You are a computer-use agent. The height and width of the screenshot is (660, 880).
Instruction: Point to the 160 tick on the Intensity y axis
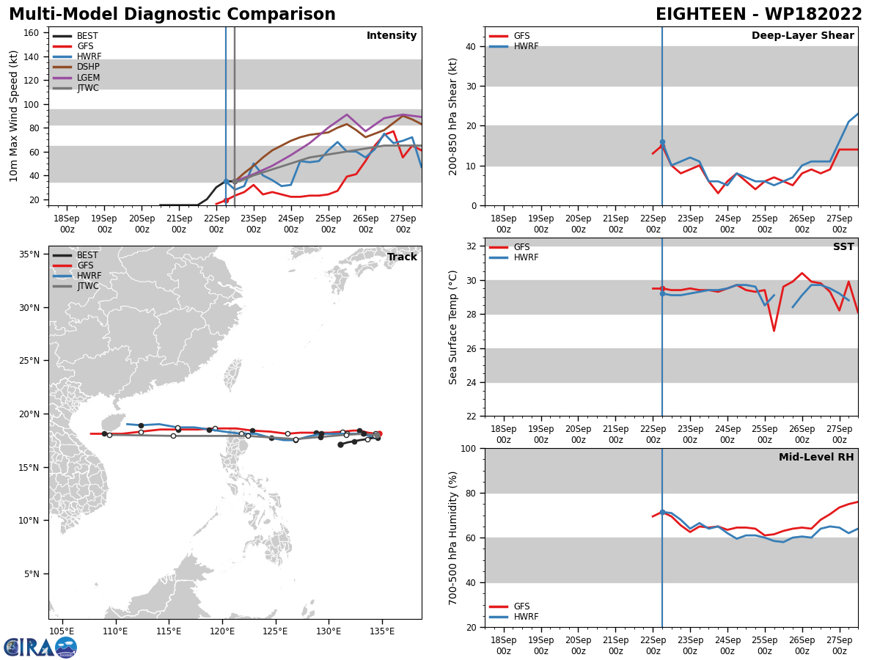[x=31, y=32]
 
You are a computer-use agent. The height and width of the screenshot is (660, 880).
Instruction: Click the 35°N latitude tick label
[x=29, y=254]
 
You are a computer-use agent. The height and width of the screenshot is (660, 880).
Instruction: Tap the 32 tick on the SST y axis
[x=472, y=246]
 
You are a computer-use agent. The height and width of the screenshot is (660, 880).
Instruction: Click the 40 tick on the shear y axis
[x=472, y=46]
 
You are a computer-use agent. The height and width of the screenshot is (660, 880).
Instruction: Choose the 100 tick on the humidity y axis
[x=469, y=448]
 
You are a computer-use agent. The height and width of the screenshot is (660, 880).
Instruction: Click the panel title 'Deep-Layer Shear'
[x=802, y=36]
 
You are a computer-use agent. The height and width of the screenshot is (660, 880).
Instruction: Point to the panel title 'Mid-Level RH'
[x=816, y=457]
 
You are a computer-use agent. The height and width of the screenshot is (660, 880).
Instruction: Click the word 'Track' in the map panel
[x=402, y=257]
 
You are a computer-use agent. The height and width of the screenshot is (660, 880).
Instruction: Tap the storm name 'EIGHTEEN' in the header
[x=701, y=15]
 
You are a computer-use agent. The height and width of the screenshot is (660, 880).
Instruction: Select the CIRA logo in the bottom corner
[x=40, y=647]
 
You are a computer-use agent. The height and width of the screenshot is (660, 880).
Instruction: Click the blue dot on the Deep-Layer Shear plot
[x=662, y=142]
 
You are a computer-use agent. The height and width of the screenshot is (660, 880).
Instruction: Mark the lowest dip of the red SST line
[x=774, y=331]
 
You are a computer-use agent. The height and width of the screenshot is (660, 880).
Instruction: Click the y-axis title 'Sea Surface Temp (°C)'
[x=452, y=327]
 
